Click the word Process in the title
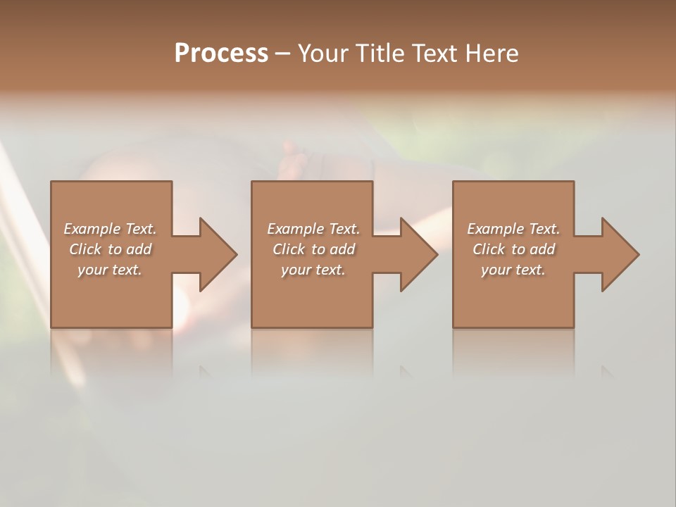coord(221,54)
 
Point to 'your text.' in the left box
coord(109,270)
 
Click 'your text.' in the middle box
coord(313,270)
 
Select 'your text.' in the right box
coord(513,270)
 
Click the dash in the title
coord(283,54)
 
